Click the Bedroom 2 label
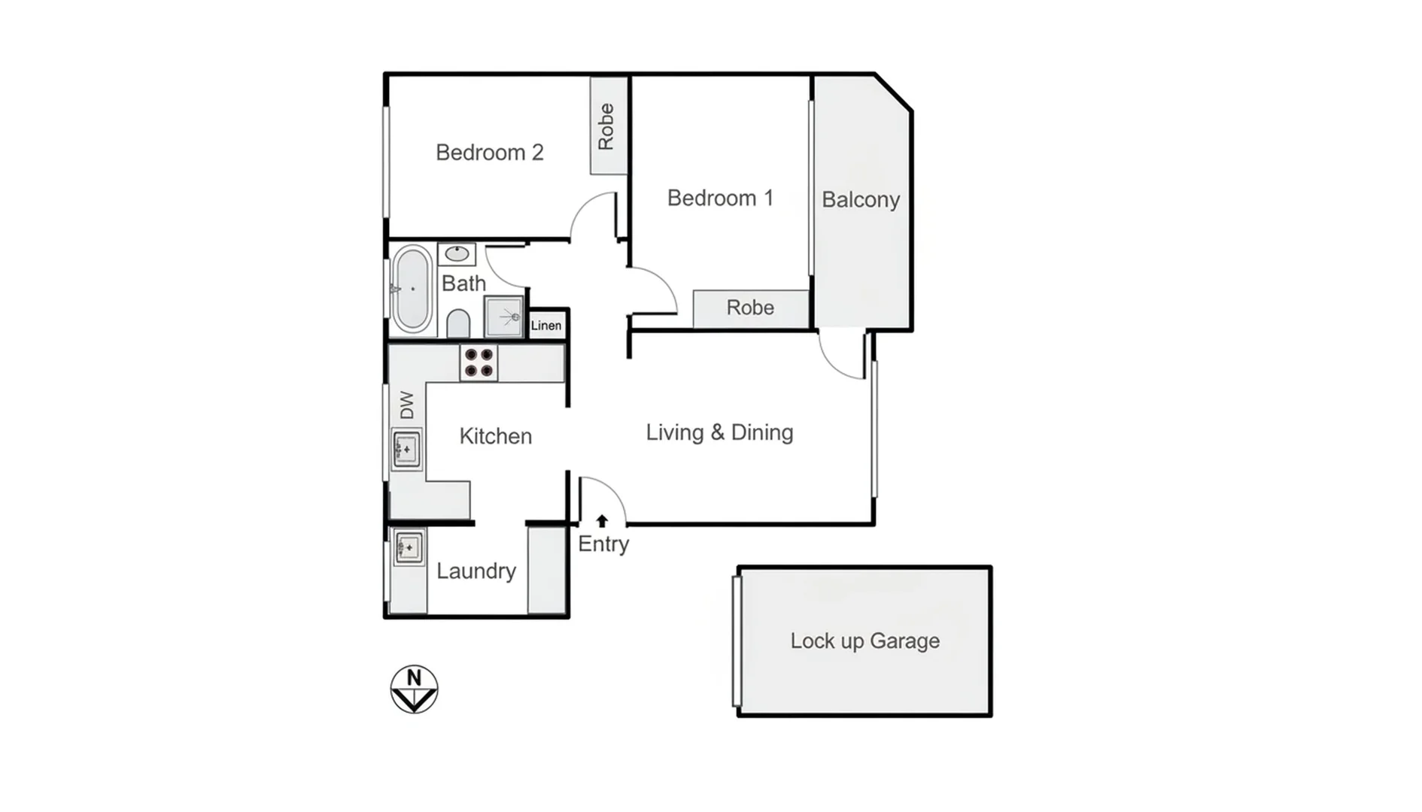(489, 153)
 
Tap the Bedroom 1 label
(720, 198)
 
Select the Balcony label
(861, 200)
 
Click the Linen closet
(546, 326)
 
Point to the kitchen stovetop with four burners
(479, 363)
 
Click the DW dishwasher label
(407, 405)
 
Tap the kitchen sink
(406, 449)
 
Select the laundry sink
(409, 547)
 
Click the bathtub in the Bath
(412, 289)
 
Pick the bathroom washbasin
(457, 254)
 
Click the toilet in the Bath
(458, 325)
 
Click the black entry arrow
(602, 520)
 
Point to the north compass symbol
(414, 689)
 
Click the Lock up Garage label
(864, 641)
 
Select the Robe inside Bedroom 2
(607, 126)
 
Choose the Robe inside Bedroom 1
(750, 308)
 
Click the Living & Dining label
(719, 433)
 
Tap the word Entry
(603, 544)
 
